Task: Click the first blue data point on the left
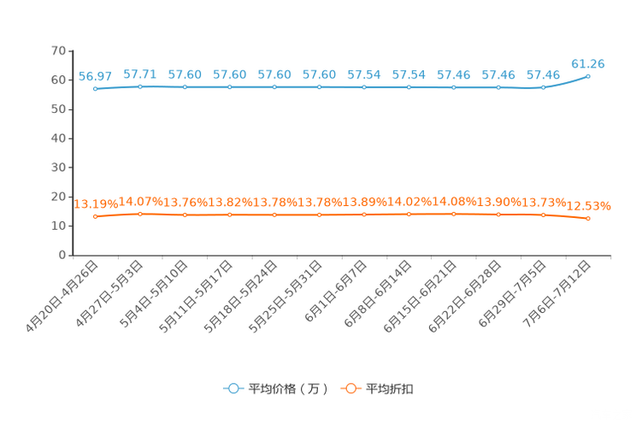pyautogui.click(x=96, y=88)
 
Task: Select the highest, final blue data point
pyautogui.click(x=588, y=77)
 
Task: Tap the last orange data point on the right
pyautogui.click(x=588, y=219)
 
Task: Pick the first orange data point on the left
pyautogui.click(x=96, y=217)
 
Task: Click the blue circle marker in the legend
pyautogui.click(x=233, y=388)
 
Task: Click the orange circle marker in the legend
pyautogui.click(x=350, y=388)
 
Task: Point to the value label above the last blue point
pyautogui.click(x=588, y=62)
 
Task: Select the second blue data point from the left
pyautogui.click(x=140, y=86)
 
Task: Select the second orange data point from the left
pyautogui.click(x=140, y=215)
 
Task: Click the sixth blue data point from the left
pyautogui.click(x=320, y=87)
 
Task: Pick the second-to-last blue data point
pyautogui.click(x=543, y=86)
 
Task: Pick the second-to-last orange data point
pyautogui.click(x=543, y=215)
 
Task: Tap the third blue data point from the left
pyautogui.click(x=185, y=87)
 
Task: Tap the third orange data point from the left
pyautogui.click(x=185, y=215)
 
